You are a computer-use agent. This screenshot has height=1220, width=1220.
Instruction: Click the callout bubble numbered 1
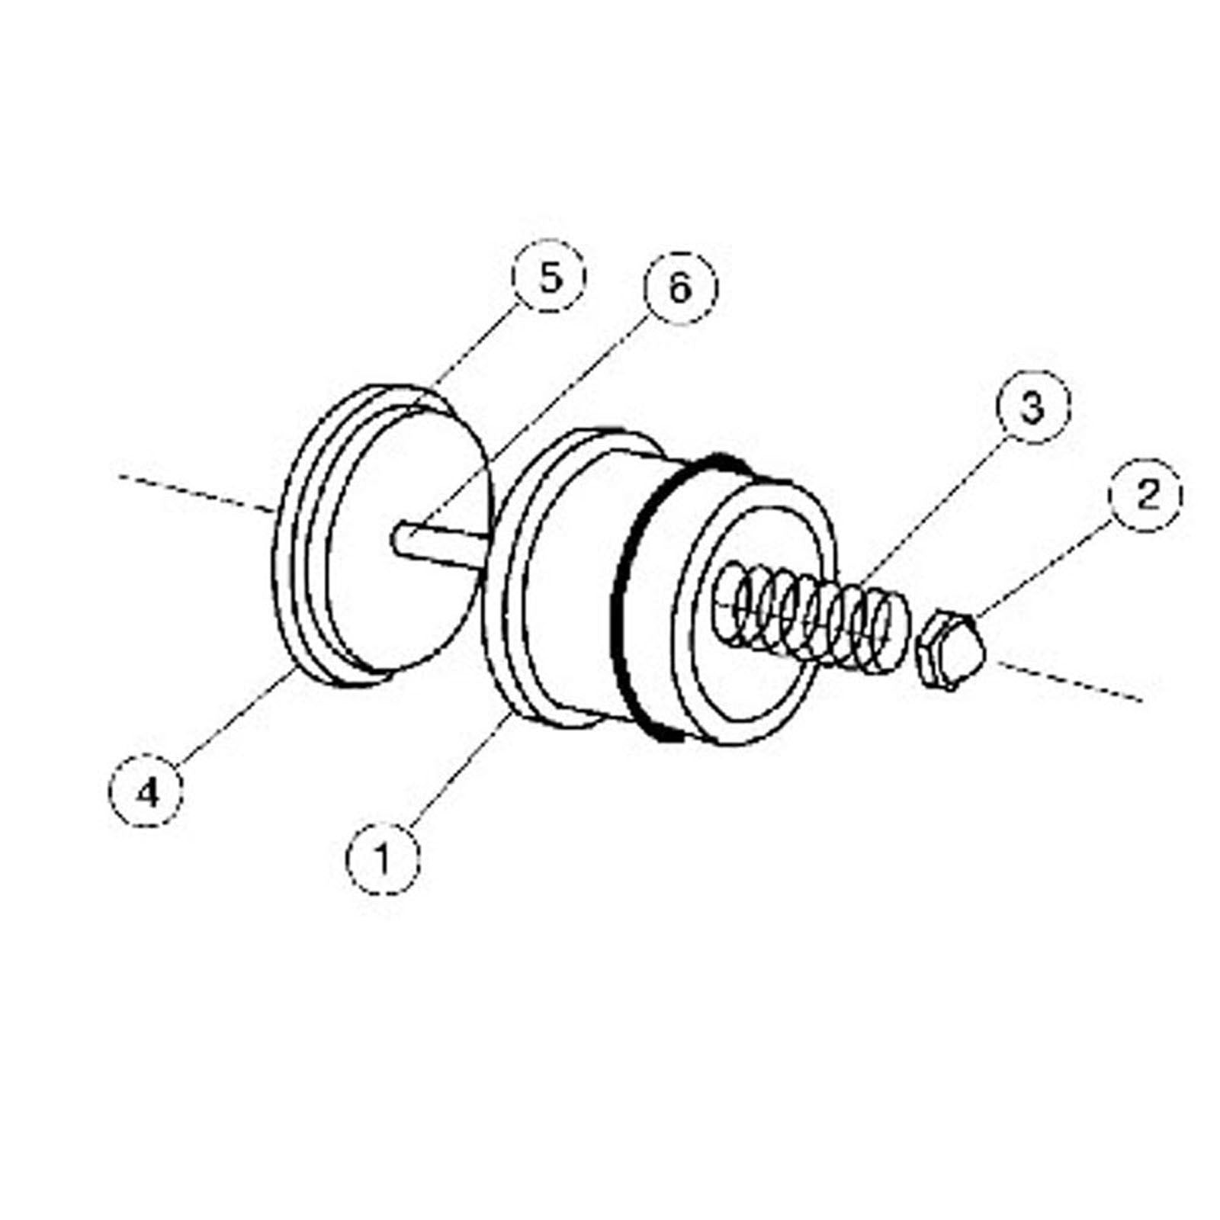383,857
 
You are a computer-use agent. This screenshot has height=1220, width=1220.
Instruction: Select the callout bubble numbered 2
1146,495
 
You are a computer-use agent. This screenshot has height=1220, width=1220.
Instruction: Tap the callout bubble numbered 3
1032,406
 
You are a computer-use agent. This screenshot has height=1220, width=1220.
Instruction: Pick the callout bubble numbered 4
147,793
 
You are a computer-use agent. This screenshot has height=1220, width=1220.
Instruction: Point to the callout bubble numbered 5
549,276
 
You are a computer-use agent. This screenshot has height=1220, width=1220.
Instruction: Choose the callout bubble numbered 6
680,287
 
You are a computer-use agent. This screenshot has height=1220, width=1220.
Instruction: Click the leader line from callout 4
229,717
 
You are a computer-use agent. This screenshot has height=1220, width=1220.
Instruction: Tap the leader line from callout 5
473,351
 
